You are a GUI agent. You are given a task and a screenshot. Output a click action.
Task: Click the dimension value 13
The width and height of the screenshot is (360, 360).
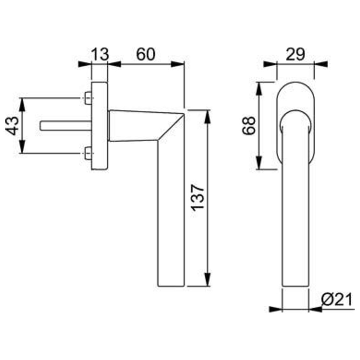(x=100, y=54)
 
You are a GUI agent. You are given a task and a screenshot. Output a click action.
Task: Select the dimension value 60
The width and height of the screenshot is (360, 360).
(x=146, y=54)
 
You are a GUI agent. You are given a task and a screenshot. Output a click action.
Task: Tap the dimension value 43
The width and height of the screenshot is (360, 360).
(x=12, y=126)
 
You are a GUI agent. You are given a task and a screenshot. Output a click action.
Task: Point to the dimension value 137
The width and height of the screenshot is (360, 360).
(x=197, y=197)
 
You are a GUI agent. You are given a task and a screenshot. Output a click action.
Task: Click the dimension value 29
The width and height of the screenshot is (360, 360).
(x=295, y=54)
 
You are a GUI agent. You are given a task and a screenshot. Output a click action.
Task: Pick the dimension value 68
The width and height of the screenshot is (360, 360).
(x=249, y=126)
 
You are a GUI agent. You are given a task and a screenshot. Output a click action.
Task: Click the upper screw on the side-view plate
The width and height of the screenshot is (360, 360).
(x=88, y=98)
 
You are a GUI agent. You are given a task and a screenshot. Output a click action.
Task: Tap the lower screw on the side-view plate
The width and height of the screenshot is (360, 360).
(x=88, y=153)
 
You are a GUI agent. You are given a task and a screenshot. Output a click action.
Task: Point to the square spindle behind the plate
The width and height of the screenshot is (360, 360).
(x=66, y=126)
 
